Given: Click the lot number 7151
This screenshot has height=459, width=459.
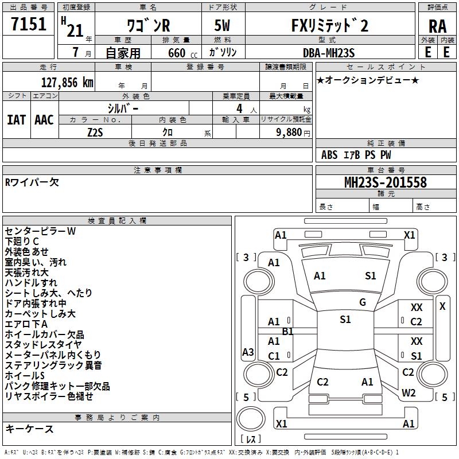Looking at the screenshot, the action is [29, 25].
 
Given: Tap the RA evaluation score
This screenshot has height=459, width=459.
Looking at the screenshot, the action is [437, 26].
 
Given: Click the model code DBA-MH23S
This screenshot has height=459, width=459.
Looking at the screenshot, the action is [329, 53].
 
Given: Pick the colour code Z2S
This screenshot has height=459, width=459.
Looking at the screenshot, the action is [95, 132].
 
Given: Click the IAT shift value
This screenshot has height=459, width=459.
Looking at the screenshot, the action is [17, 120].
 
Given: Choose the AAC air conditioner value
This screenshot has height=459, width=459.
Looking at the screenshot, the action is [44, 120].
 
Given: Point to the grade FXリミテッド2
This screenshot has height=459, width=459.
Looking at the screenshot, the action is [329, 26].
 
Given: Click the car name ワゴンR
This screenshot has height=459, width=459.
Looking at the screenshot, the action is [147, 26].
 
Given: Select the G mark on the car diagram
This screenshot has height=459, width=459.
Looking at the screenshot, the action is [363, 302].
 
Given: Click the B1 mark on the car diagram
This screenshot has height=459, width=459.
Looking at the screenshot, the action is [287, 331].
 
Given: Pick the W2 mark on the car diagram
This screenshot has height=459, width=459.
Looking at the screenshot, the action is [409, 393].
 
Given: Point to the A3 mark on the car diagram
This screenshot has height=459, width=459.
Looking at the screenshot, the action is [248, 352].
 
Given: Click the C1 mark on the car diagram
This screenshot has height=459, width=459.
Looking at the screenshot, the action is [274, 356].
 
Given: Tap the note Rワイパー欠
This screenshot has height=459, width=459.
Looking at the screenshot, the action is [32, 182].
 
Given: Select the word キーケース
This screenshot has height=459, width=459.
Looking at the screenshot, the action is [29, 429].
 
